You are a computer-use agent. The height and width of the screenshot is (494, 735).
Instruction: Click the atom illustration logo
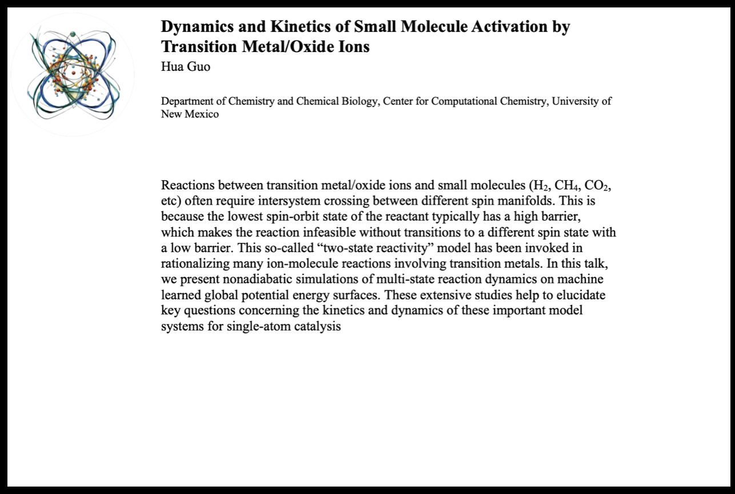[73, 74]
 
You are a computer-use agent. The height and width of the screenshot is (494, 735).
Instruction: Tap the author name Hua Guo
[186, 66]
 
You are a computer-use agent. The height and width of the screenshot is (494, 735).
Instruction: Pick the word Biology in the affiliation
[356, 101]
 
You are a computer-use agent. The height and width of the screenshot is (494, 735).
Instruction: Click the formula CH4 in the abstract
[566, 186]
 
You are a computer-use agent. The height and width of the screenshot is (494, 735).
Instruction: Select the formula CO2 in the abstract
[600, 186]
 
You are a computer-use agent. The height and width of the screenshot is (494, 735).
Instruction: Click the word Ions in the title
[353, 46]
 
